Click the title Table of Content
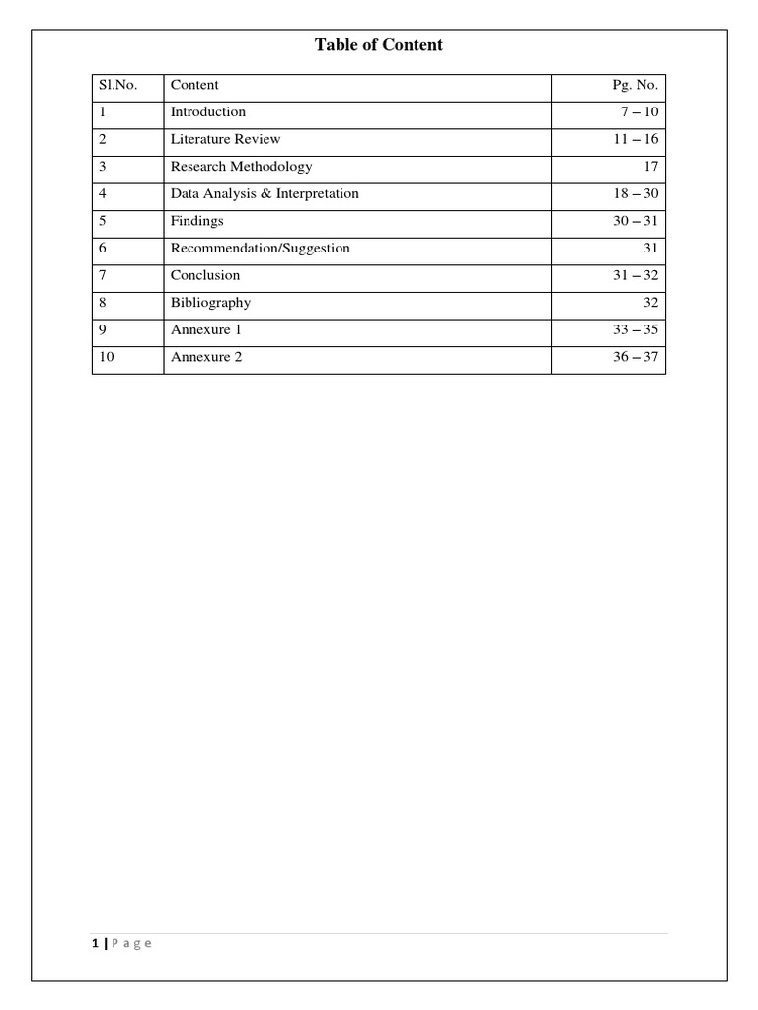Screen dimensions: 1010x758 click(379, 45)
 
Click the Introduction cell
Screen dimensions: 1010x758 click(207, 112)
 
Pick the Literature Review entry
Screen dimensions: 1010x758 click(225, 139)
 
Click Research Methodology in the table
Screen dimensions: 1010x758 click(241, 167)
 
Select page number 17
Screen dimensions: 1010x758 click(650, 167)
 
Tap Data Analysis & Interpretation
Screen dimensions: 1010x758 click(265, 194)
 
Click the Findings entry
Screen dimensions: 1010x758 click(196, 221)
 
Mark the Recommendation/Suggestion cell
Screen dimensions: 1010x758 click(260, 249)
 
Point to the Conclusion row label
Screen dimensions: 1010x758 click(204, 275)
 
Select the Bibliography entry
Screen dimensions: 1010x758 click(210, 303)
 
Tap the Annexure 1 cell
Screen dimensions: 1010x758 click(205, 329)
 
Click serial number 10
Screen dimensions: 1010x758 click(106, 357)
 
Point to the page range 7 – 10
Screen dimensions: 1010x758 click(639, 112)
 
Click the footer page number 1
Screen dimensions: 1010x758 click(95, 944)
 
